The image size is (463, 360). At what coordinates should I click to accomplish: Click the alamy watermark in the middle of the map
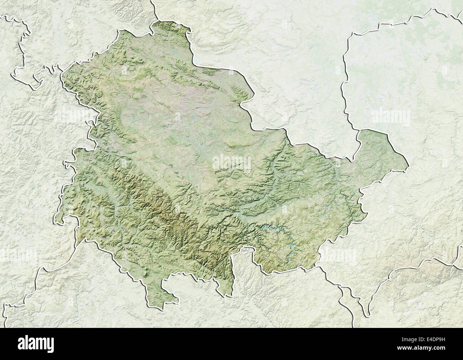tap(231, 162)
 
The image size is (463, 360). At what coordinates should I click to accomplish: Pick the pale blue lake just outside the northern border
tap(196, 60)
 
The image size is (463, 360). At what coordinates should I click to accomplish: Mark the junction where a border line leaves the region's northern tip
tap(154, 22)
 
